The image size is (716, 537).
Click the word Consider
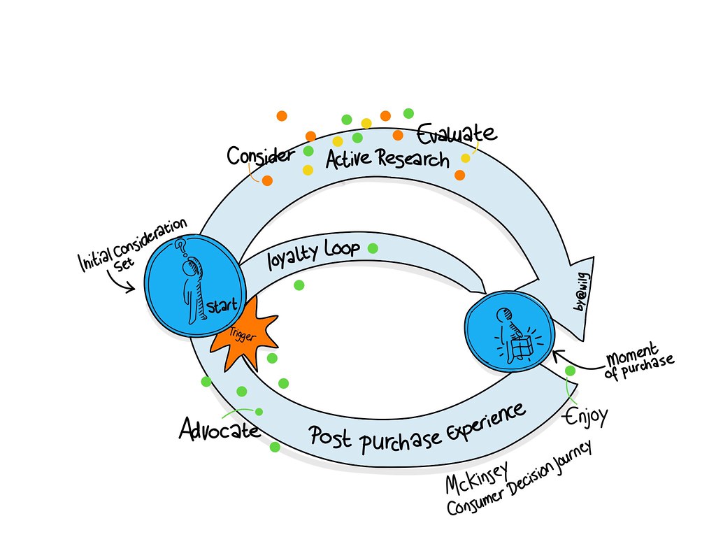(261, 156)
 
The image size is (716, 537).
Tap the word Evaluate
(457, 134)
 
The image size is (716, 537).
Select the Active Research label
(387, 159)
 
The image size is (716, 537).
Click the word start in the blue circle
(222, 306)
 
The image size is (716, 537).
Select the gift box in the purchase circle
(522, 347)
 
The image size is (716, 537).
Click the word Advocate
(220, 429)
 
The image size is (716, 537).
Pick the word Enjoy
(587, 417)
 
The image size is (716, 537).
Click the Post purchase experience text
(417, 429)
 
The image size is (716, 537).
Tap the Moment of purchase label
(639, 360)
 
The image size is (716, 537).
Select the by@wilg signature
(582, 292)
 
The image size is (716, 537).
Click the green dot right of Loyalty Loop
(373, 248)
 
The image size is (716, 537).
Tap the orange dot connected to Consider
(267, 181)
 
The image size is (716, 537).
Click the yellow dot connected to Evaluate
(465, 159)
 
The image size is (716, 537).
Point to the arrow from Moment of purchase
(578, 360)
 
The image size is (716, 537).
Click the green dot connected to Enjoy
(571, 371)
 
